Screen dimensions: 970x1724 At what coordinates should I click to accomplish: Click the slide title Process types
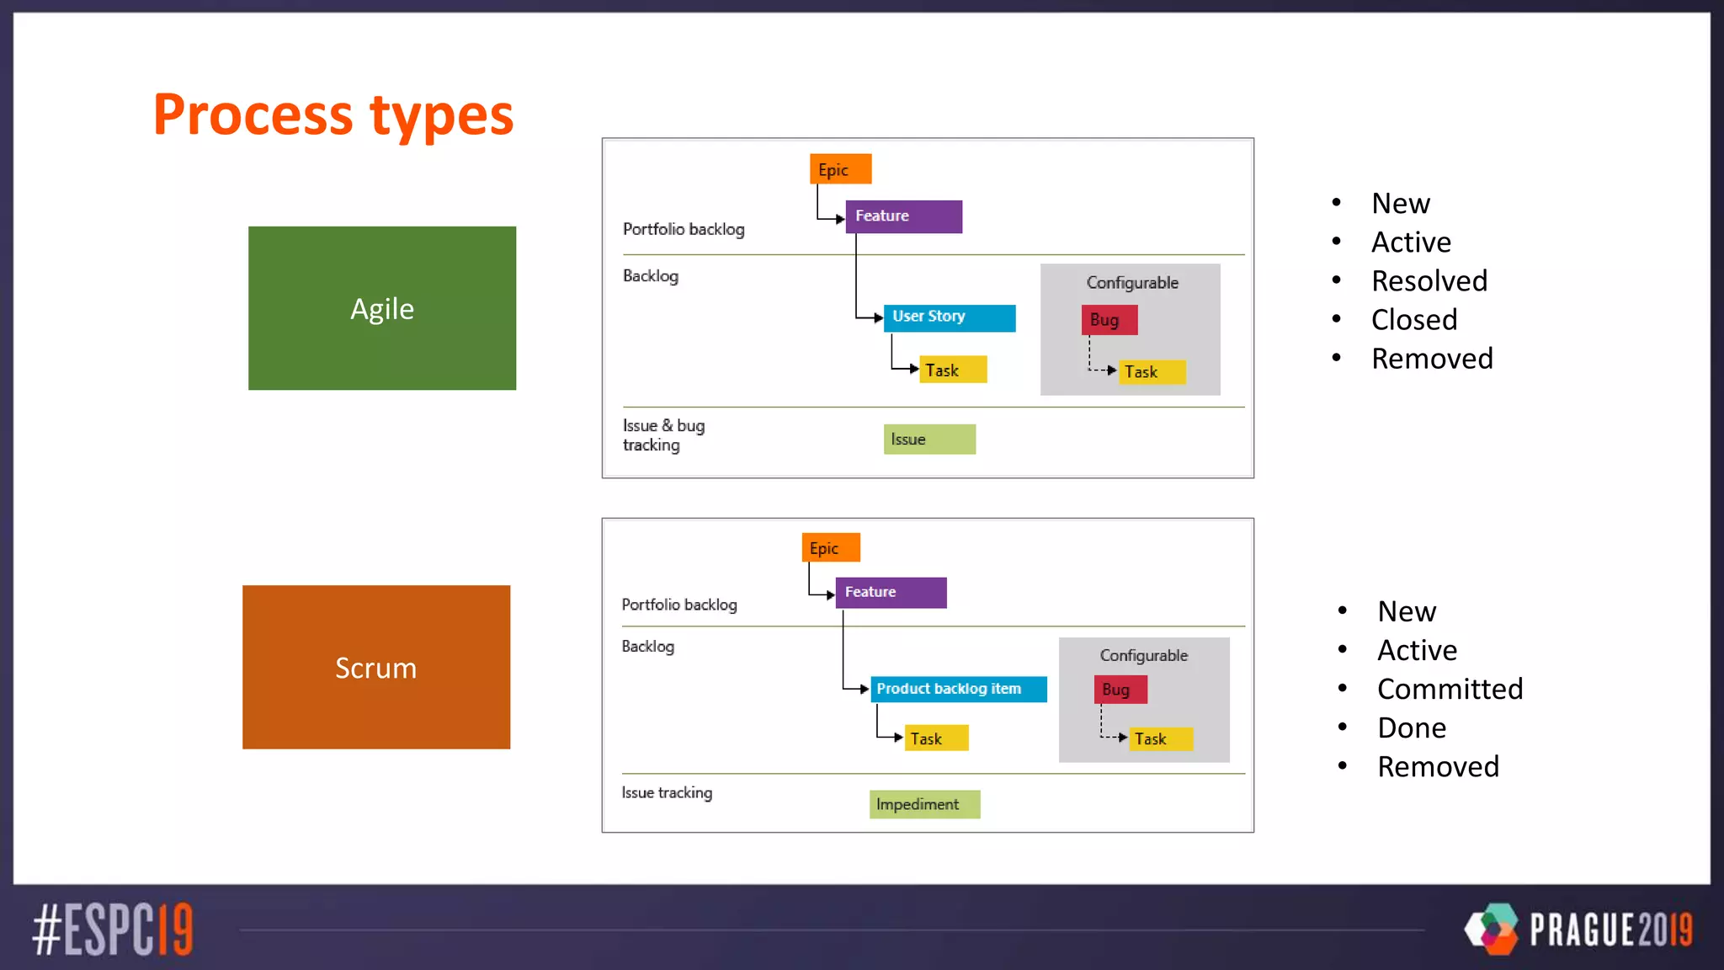pyautogui.click(x=333, y=115)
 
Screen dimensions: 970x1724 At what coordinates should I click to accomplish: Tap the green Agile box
pyautogui.click(x=381, y=308)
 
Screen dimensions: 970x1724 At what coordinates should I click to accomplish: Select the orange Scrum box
pyautogui.click(x=375, y=667)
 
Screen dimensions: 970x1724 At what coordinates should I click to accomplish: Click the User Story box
pyautogui.click(x=949, y=317)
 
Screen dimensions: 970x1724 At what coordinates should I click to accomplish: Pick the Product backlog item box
pyautogui.click(x=958, y=689)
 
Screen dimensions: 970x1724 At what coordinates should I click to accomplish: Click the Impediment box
pyautogui.click(x=923, y=804)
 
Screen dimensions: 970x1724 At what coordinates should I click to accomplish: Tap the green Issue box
pyautogui.click(x=929, y=439)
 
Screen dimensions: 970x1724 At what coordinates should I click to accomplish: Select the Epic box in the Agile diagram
pyautogui.click(x=839, y=169)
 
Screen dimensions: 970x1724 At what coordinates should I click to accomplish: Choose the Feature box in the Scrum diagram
pyautogui.click(x=890, y=592)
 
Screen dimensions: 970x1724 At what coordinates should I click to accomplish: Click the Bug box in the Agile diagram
pyautogui.click(x=1109, y=320)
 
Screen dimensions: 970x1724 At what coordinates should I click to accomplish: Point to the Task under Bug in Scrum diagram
pyautogui.click(x=1159, y=738)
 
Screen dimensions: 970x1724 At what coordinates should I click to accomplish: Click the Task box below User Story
pyautogui.click(x=952, y=370)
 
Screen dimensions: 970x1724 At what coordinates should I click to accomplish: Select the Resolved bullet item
pyautogui.click(x=1429, y=280)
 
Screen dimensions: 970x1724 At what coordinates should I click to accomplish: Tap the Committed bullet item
pyautogui.click(x=1450, y=689)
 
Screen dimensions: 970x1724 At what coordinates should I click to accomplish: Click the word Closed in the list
pyautogui.click(x=1413, y=320)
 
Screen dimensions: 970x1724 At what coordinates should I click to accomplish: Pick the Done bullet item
pyautogui.click(x=1412, y=727)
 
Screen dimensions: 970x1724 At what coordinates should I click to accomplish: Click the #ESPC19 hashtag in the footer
pyautogui.click(x=113, y=930)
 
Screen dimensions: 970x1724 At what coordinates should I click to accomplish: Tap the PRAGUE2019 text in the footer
pyautogui.click(x=1610, y=930)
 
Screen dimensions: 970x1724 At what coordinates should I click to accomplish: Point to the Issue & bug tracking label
pyautogui.click(x=663, y=435)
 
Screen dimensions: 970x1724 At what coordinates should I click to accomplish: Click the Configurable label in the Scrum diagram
pyautogui.click(x=1143, y=655)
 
